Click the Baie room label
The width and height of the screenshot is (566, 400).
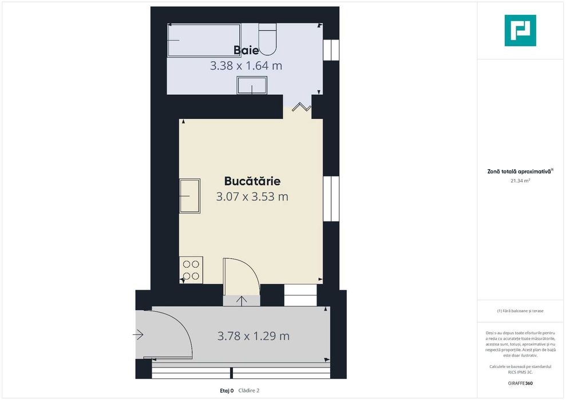(x=246, y=50)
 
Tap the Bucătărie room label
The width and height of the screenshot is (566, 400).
(x=252, y=181)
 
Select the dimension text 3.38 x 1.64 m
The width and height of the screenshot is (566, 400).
(x=246, y=66)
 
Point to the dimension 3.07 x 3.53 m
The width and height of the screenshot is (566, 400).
(x=252, y=197)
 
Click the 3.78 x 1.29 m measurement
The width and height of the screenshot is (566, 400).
(x=254, y=336)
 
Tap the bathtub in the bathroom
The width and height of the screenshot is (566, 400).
(x=204, y=40)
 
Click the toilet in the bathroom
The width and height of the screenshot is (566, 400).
(x=267, y=38)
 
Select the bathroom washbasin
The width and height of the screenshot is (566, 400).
(x=252, y=85)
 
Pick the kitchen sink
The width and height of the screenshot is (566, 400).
(x=190, y=196)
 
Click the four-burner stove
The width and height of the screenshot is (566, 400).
(x=191, y=270)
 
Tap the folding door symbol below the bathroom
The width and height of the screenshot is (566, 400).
(x=302, y=107)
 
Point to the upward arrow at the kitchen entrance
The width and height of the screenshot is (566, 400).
(x=242, y=301)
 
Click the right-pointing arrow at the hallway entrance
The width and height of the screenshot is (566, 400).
(x=138, y=335)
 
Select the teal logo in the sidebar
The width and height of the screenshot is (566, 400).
(x=520, y=31)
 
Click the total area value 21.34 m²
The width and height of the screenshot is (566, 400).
(x=520, y=181)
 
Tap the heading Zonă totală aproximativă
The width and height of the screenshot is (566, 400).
(x=520, y=171)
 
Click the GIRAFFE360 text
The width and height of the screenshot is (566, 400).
(x=520, y=383)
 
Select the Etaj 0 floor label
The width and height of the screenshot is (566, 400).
(x=227, y=391)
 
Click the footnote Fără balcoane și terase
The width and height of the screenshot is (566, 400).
(x=520, y=311)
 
